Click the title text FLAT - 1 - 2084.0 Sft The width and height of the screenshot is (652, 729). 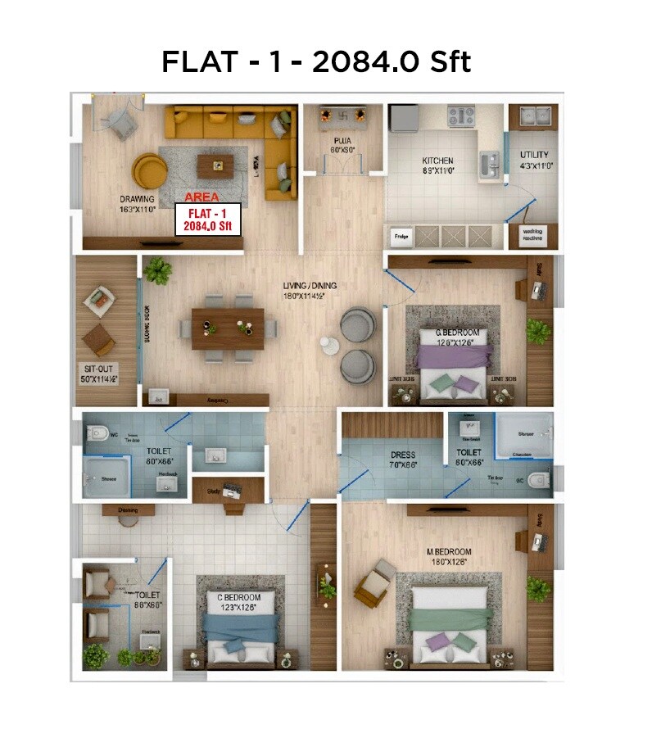(316, 62)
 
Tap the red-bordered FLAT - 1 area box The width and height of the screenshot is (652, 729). (208, 219)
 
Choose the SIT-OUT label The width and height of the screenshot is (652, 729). (98, 374)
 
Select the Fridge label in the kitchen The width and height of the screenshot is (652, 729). (401, 238)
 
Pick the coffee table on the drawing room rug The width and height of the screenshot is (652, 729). (218, 166)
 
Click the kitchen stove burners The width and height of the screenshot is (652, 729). (460, 117)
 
